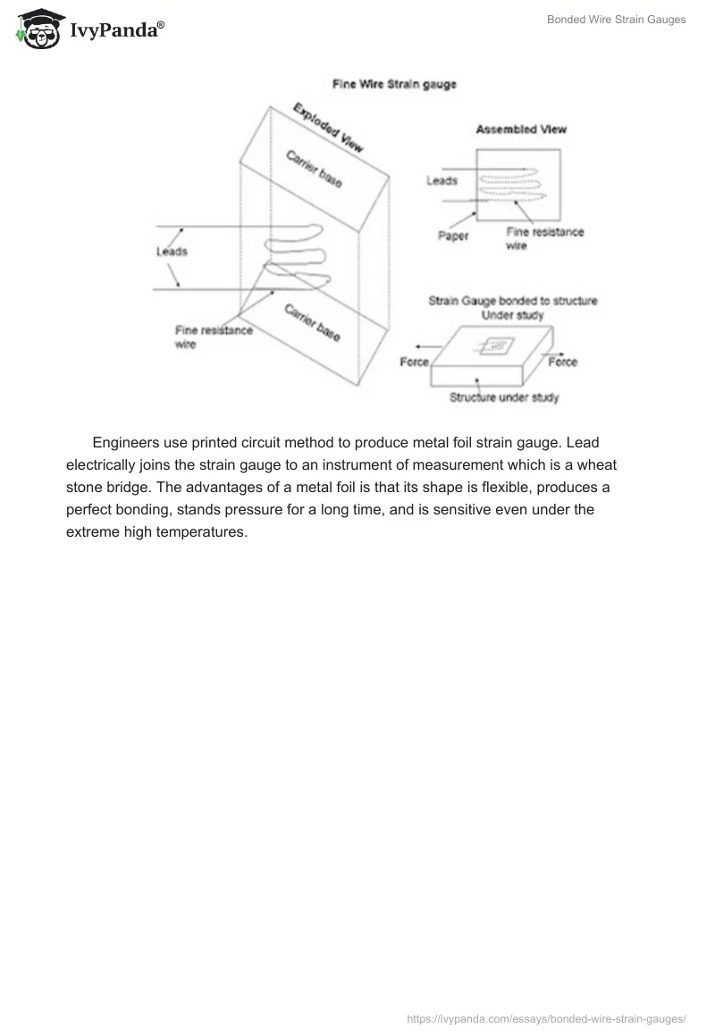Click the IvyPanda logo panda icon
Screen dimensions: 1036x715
point(37,29)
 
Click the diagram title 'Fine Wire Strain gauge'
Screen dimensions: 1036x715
point(394,85)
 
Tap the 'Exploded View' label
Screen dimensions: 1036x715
point(328,128)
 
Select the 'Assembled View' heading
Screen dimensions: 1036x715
point(521,129)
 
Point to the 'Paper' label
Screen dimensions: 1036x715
point(453,236)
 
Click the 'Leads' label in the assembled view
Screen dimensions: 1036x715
point(442,180)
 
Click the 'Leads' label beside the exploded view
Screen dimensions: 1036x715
point(172,251)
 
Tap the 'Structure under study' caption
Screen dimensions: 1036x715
point(504,397)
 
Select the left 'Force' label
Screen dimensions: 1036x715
point(414,362)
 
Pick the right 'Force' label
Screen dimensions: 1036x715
point(562,362)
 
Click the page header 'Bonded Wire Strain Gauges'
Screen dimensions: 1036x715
point(616,20)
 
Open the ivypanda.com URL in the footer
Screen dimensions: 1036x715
point(546,1017)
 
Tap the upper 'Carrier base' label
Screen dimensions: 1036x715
point(313,169)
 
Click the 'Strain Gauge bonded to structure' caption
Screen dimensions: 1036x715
point(512,301)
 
